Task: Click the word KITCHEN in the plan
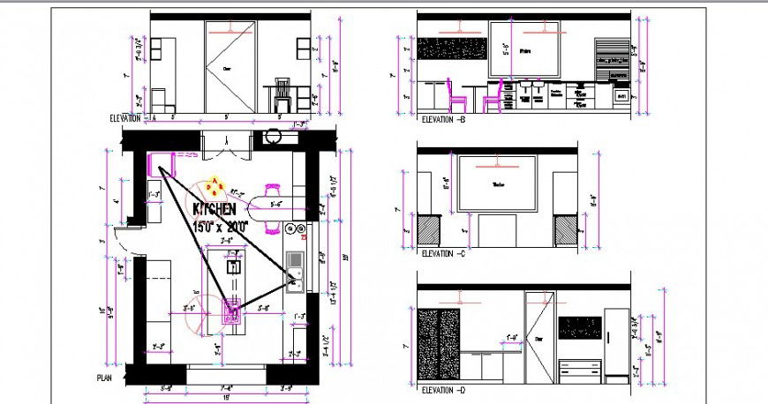[214, 210]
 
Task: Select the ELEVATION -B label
[443, 119]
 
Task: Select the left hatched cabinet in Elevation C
[428, 232]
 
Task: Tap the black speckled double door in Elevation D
[440, 343]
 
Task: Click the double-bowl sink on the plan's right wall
[295, 271]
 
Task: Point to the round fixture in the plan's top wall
[273, 137]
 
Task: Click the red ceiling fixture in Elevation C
[497, 163]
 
